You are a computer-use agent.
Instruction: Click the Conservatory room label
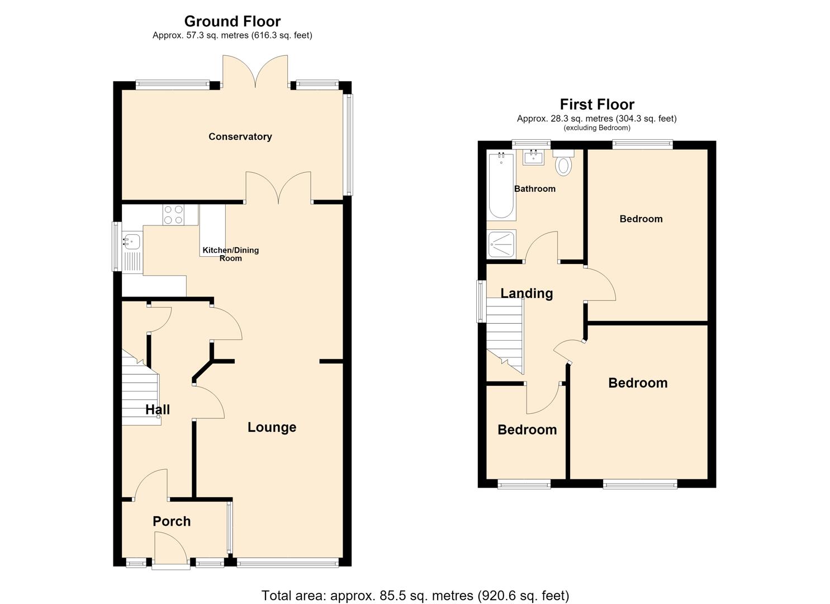(x=240, y=137)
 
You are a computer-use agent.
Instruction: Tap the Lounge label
(x=272, y=427)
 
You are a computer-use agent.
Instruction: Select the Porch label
(x=172, y=521)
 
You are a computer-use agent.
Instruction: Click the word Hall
(x=158, y=409)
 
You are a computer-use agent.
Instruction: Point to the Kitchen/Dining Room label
(x=230, y=254)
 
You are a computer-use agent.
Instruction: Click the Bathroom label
(x=535, y=188)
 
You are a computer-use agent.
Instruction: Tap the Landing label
(x=527, y=293)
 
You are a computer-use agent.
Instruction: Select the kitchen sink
(x=132, y=242)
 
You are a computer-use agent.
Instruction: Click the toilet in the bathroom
(x=563, y=162)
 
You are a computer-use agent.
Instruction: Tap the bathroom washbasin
(x=534, y=157)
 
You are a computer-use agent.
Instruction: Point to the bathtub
(x=501, y=185)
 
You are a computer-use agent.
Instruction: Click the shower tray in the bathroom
(x=501, y=244)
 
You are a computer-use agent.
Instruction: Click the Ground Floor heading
(x=233, y=21)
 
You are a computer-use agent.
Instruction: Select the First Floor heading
(x=597, y=105)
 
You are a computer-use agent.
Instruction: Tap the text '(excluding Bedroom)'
(x=597, y=128)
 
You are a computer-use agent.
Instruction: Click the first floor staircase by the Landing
(x=505, y=336)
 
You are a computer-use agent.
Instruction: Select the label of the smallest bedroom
(x=527, y=430)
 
